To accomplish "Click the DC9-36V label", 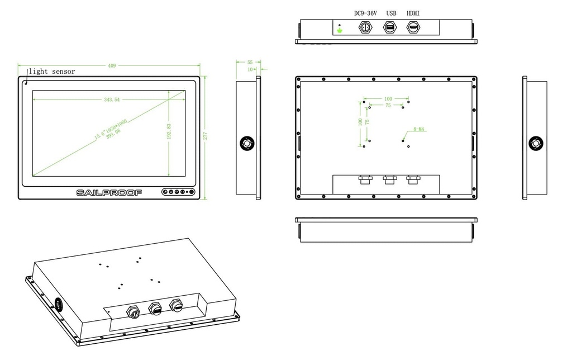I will (366, 13).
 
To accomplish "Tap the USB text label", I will (391, 13).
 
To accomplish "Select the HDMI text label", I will (413, 13).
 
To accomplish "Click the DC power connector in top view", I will (366, 27).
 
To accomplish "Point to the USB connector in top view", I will (390, 27).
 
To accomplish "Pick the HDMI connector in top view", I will (413, 27).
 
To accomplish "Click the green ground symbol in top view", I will (340, 30).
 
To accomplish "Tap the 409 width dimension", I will (112, 66).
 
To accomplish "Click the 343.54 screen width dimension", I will (112, 100).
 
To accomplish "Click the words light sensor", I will (52, 72).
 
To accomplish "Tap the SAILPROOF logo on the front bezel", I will (109, 192).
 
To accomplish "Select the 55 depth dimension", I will (250, 63).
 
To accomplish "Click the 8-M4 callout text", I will (420, 129).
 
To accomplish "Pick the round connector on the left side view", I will (246, 143).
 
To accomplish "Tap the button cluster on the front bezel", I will (178, 192).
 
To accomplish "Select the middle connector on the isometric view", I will (154, 307).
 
